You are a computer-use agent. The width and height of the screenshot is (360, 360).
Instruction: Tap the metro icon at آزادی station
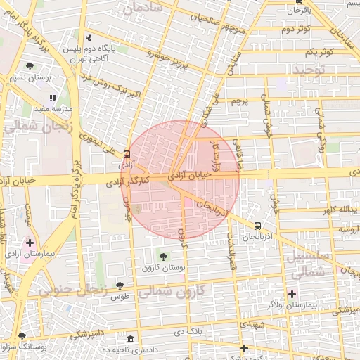(x=127, y=153)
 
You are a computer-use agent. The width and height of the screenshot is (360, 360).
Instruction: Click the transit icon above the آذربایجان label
(x=257, y=226)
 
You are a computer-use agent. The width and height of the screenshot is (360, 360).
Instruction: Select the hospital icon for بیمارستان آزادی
(x=30, y=243)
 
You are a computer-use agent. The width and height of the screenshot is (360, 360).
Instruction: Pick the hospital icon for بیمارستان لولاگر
(x=292, y=293)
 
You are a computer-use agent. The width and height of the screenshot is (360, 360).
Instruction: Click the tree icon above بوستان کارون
(x=164, y=257)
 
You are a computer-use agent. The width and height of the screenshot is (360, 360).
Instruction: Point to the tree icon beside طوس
(x=120, y=285)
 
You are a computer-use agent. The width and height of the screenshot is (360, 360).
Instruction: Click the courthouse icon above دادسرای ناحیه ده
(x=129, y=339)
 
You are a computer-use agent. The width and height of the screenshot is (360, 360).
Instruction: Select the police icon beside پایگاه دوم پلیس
(x=88, y=38)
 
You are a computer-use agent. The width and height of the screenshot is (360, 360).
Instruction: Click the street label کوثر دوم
(x=296, y=30)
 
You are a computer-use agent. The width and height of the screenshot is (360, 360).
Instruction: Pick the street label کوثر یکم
(x=318, y=53)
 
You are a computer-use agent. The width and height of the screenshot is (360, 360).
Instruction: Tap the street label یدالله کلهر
(x=330, y=210)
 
